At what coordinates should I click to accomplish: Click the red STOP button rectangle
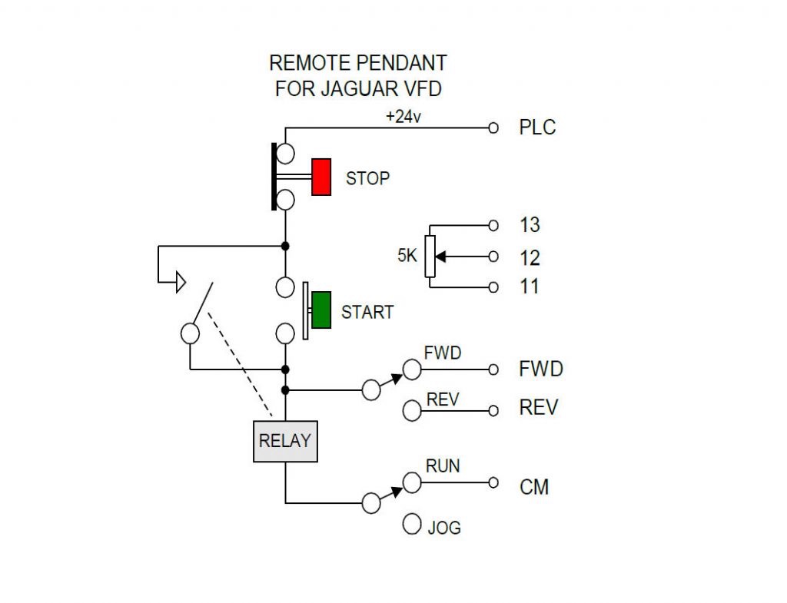[x=321, y=177]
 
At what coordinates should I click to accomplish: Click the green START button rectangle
[x=321, y=310]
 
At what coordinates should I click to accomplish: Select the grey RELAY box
[x=285, y=442]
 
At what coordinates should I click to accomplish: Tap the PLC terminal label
[x=537, y=128]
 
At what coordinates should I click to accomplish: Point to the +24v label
[x=403, y=117]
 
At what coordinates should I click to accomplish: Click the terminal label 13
[x=530, y=225]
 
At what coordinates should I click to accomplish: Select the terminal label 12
[x=530, y=258]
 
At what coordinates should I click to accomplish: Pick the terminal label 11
[x=530, y=287]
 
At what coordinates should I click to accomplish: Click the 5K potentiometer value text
[x=407, y=255]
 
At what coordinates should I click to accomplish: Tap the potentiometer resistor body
[x=430, y=256]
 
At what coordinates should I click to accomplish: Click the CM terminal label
[x=534, y=487]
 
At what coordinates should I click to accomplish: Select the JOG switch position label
[x=444, y=528]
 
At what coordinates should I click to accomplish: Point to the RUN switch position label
[x=443, y=466]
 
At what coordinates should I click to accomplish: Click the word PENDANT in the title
[x=402, y=63]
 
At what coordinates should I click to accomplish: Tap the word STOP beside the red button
[x=368, y=178]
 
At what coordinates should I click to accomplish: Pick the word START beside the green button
[x=367, y=312]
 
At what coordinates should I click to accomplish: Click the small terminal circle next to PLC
[x=493, y=128]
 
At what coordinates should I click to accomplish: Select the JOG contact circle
[x=412, y=524]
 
